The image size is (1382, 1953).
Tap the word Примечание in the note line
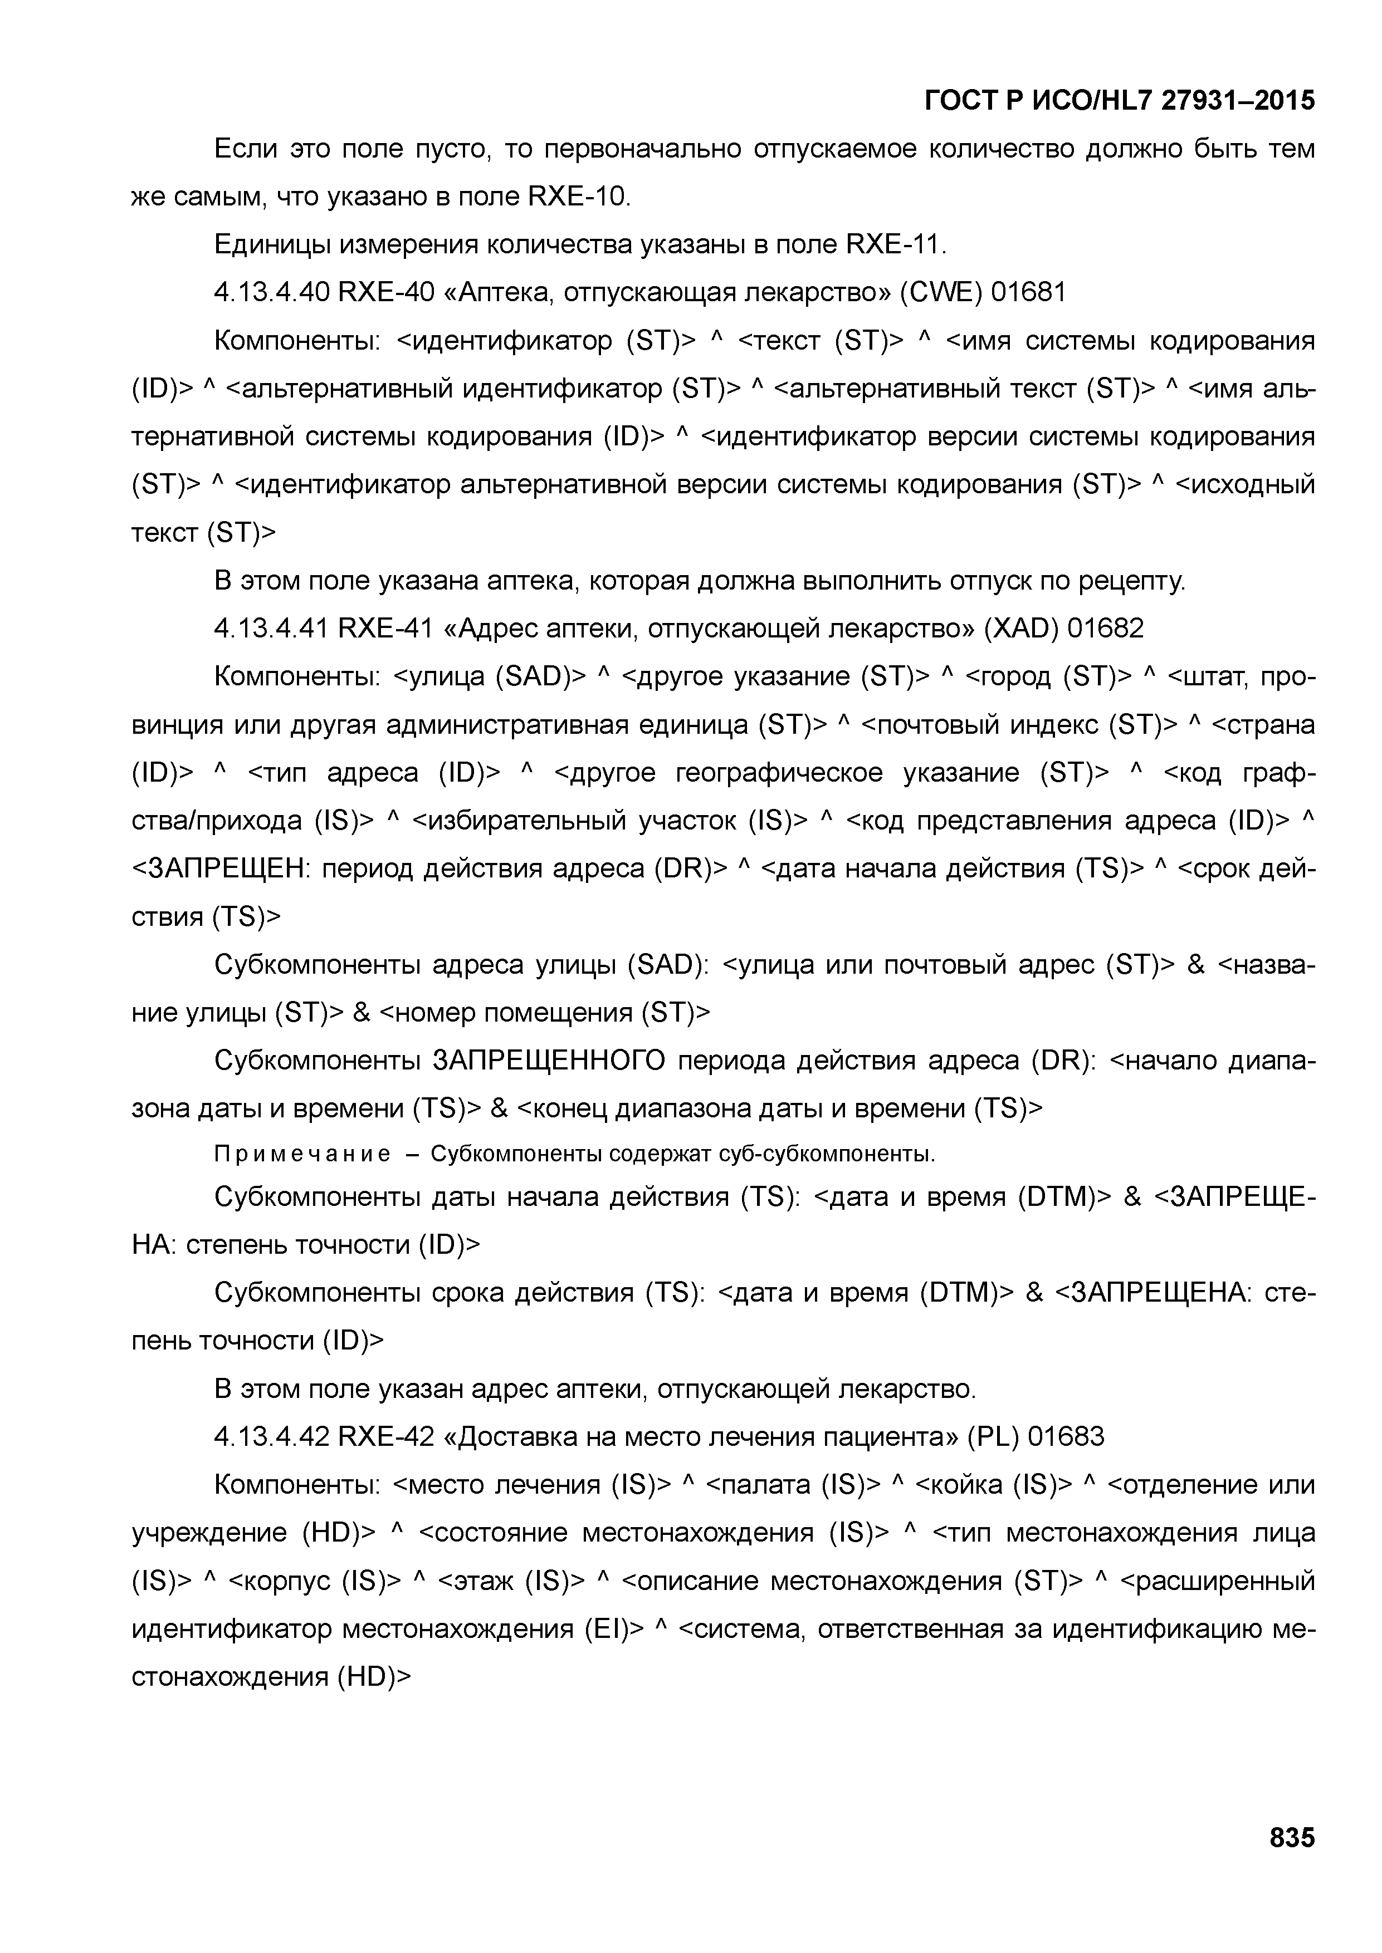pos(302,1154)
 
